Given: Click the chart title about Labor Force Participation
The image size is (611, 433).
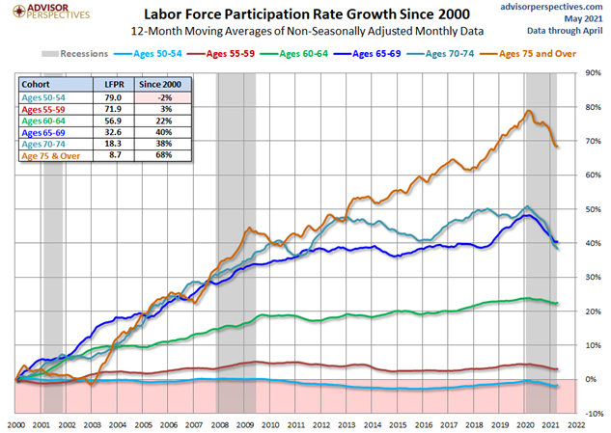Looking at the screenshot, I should click(x=306, y=14).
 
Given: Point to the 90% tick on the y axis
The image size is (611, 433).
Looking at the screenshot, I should click(x=593, y=73).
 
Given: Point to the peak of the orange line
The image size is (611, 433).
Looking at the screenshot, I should click(x=528, y=111).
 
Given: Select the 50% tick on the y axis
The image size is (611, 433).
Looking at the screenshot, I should click(x=593, y=209).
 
